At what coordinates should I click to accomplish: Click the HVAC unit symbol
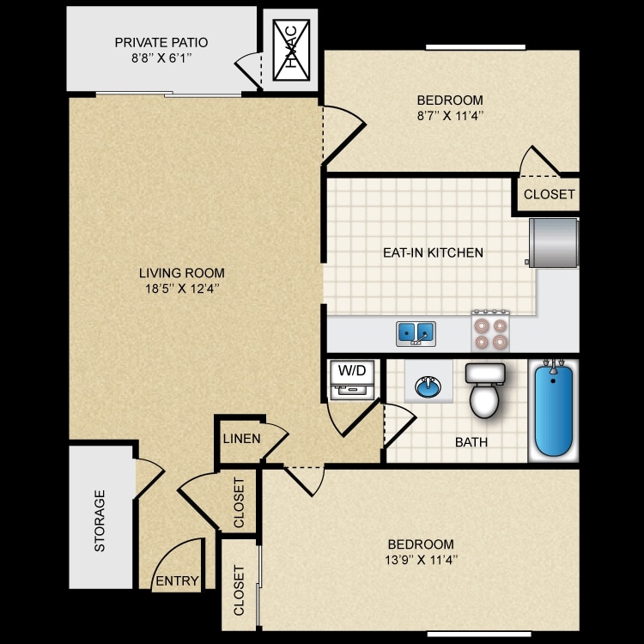click(290, 50)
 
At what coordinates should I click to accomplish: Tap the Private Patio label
click(161, 42)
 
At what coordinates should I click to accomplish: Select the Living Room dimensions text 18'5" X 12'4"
click(182, 289)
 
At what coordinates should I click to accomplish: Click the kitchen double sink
click(416, 332)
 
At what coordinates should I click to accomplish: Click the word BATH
click(471, 442)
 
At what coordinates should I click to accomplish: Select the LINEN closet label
click(241, 438)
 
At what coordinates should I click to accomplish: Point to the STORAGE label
click(100, 521)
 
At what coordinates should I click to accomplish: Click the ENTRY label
click(177, 581)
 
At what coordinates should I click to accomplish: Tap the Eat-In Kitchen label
click(433, 252)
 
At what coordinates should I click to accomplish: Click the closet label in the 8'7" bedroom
click(549, 194)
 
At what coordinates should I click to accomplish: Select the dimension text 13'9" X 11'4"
click(421, 560)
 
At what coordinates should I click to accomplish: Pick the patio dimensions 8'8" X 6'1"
click(161, 58)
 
